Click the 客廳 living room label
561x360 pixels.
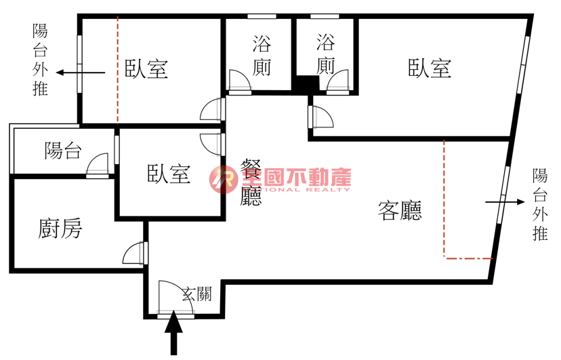pos(400,212)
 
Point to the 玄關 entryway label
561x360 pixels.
pos(196,294)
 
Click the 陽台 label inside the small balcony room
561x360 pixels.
pos(63,151)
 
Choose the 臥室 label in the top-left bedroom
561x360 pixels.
pos(146,68)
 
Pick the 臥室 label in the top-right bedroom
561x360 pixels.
pos(430,68)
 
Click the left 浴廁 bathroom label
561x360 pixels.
pos(262,56)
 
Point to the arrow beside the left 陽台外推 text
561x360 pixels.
pos(80,72)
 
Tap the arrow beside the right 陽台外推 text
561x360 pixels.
pos(505,202)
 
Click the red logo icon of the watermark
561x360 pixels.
pos(222,178)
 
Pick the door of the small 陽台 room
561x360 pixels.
pos(98,166)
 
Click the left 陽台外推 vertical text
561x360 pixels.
pos(41,60)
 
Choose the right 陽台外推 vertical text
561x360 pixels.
pos(540,205)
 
